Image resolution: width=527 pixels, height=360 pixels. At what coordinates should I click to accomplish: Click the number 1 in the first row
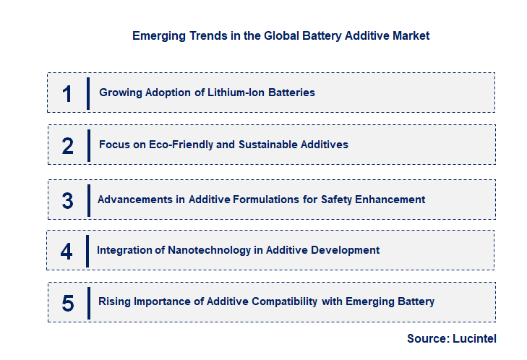point(67,93)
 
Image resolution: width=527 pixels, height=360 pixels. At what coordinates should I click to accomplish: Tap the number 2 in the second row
point(68,145)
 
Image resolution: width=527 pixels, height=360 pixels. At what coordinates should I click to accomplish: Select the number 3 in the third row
point(67,200)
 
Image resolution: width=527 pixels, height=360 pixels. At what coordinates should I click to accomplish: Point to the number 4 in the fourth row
point(67,251)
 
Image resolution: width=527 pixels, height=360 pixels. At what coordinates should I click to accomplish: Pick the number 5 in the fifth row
point(68,303)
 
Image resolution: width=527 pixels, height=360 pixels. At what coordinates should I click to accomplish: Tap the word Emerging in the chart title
point(158,35)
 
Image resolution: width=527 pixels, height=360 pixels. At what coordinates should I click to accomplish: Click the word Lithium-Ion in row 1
point(231,93)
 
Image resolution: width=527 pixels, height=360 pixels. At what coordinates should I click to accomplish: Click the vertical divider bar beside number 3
point(89,199)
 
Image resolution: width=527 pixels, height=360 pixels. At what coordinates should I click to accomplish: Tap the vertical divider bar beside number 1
point(88,93)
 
